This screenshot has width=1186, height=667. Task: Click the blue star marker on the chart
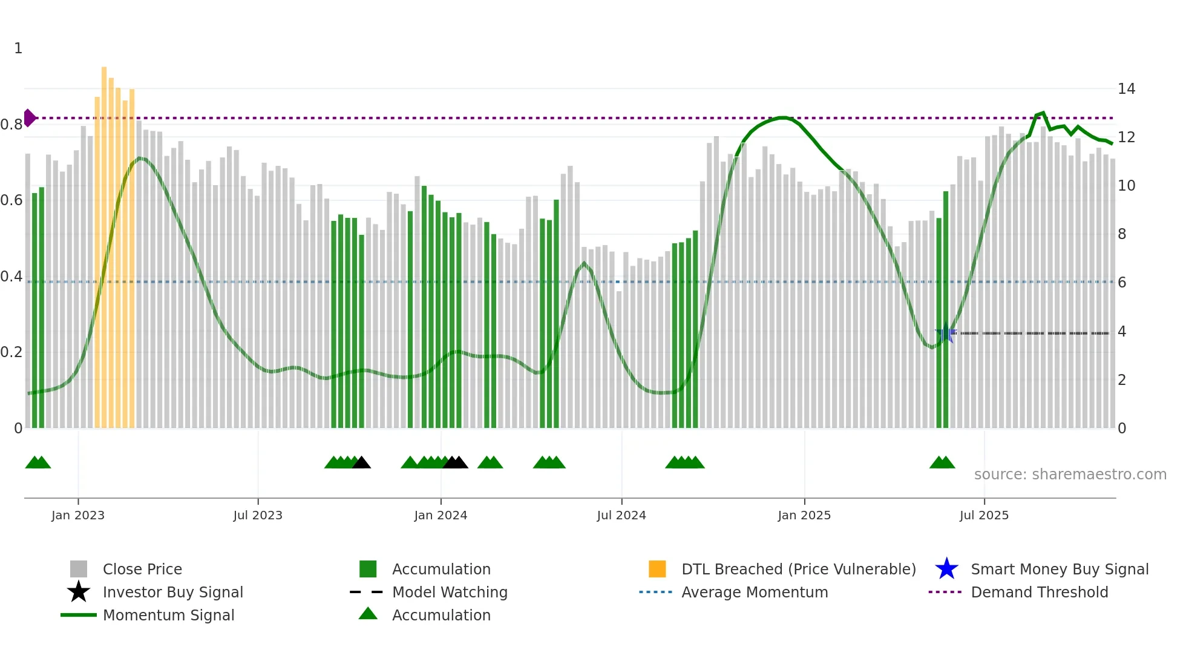click(946, 333)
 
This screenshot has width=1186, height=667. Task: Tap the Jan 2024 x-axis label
click(441, 515)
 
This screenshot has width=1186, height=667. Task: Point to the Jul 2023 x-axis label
click(258, 515)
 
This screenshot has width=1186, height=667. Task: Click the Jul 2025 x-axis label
click(984, 515)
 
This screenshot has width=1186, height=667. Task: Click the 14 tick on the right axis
click(1126, 89)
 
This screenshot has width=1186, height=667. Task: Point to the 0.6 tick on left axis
click(11, 200)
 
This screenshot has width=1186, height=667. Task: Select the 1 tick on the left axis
click(18, 48)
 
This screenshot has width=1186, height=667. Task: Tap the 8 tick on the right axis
click(1122, 234)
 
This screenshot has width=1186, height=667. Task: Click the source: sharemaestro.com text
click(1070, 475)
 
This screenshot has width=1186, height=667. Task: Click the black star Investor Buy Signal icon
click(79, 592)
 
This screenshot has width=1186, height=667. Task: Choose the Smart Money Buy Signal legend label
click(1060, 569)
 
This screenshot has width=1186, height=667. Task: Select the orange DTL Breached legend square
click(657, 569)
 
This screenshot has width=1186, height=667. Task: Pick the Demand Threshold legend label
click(1040, 592)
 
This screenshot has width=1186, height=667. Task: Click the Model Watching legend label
click(450, 592)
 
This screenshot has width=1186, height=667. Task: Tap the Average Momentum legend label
click(755, 592)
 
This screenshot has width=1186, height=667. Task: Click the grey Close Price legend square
click(79, 569)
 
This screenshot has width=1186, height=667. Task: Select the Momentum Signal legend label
click(168, 615)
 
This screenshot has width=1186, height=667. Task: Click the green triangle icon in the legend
click(368, 614)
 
